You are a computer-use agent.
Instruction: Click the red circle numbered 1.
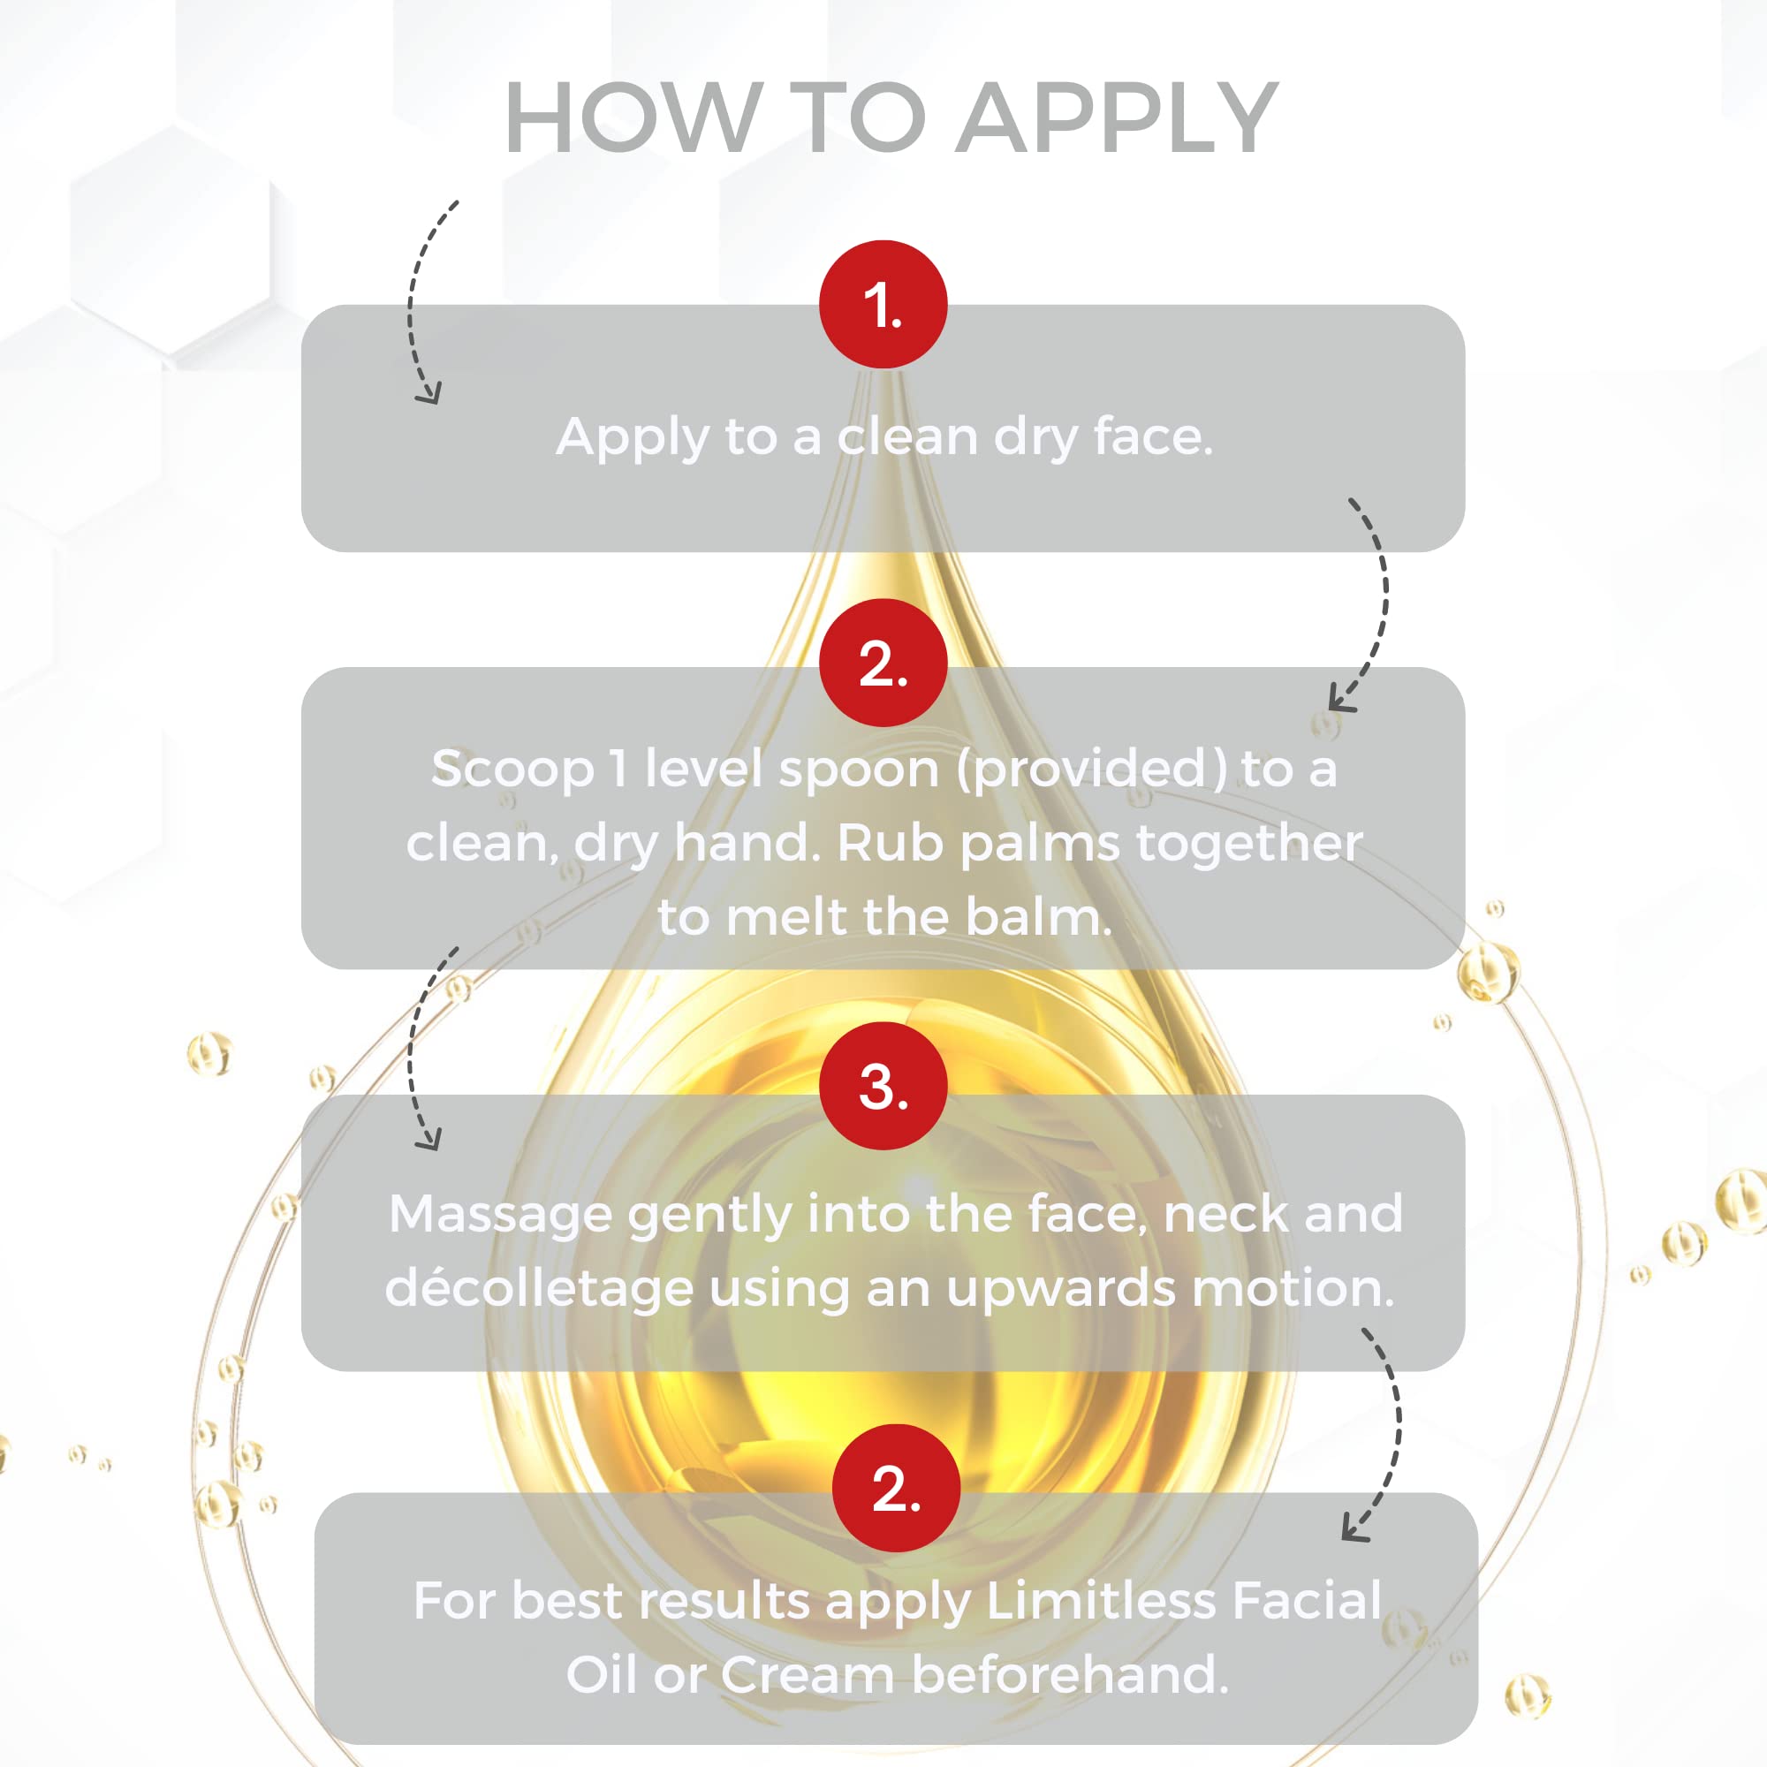[883, 305]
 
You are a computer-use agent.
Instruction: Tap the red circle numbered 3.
[883, 1086]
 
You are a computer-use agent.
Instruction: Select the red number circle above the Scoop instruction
[883, 664]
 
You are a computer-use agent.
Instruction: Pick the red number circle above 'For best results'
[896, 1488]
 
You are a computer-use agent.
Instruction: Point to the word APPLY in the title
[1117, 118]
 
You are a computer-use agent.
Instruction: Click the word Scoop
[512, 770]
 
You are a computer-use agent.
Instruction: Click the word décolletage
[539, 1289]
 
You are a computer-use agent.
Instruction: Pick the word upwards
[1061, 1290]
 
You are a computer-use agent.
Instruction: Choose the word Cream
[807, 1674]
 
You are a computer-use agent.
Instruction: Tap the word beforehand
[1069, 1673]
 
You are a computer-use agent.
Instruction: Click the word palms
[1039, 843]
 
